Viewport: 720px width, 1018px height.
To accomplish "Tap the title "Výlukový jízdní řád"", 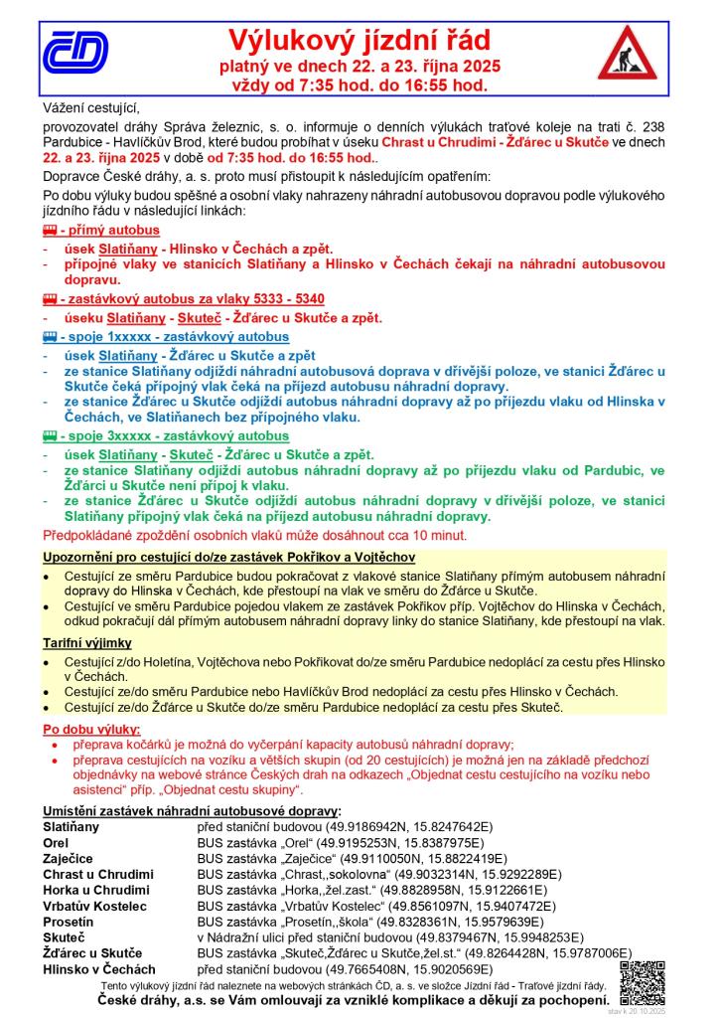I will (x=360, y=40).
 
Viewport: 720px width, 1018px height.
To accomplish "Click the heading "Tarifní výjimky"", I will (x=88, y=642).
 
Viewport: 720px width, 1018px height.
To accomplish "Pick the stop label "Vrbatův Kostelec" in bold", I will (x=94, y=906).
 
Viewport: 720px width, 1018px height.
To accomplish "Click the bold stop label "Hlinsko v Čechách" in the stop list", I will (x=99, y=968).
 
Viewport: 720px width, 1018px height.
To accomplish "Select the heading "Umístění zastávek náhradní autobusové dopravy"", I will (x=191, y=811).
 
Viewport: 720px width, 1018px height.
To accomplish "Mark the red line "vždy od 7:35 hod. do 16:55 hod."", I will (x=359, y=85).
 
